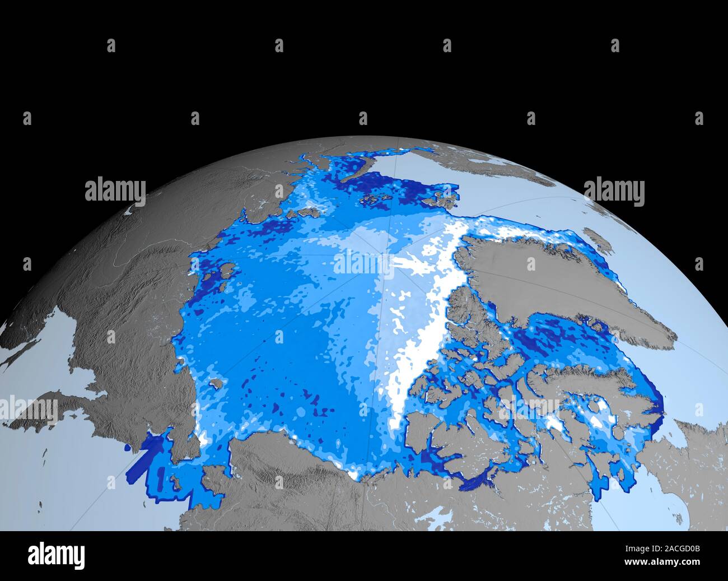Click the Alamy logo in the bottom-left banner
tap(57, 555)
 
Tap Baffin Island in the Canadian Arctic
tap(588, 381)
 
